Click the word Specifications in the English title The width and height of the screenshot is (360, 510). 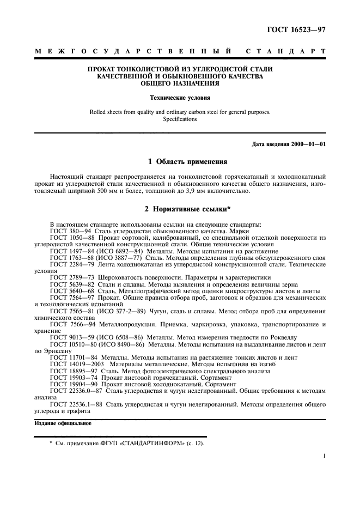click(x=180, y=119)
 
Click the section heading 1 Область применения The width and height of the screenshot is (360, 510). click(x=180, y=162)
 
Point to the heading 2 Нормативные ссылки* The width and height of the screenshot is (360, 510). click(x=180, y=209)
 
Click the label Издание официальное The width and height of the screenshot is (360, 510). click(x=55, y=423)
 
